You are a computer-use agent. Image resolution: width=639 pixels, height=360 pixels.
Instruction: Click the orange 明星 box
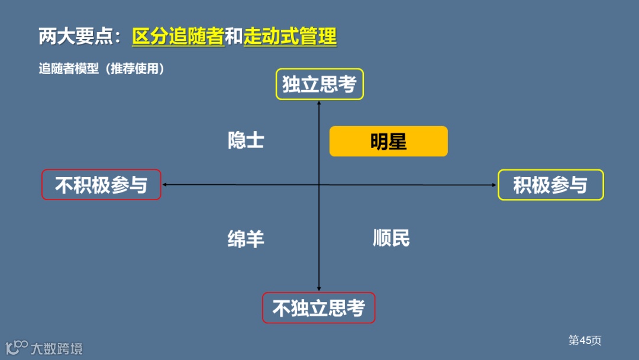(x=388, y=142)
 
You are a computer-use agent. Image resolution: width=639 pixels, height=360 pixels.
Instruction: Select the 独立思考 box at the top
(x=319, y=84)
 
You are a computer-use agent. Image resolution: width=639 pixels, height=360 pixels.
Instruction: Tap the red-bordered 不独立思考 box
(x=318, y=308)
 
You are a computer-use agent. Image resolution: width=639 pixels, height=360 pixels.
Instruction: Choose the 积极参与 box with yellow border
(x=550, y=185)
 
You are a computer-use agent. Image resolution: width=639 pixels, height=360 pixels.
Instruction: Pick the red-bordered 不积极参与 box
(x=101, y=185)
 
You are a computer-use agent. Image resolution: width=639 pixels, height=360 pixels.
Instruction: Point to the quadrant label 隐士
(x=246, y=141)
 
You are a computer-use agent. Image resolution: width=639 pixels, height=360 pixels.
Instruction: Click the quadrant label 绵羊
(x=246, y=239)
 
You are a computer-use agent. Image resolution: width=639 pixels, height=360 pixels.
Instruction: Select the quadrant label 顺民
(x=392, y=238)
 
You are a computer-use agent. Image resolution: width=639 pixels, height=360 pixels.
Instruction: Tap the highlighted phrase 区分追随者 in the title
(x=178, y=37)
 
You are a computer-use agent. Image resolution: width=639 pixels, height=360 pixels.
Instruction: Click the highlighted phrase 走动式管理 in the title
(x=290, y=37)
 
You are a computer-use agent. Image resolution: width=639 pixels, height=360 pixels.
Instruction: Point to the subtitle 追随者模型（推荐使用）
(x=101, y=69)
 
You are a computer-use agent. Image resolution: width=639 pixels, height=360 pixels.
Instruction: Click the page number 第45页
(x=585, y=340)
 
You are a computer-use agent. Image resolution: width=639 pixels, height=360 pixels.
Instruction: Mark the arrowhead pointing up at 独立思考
(x=319, y=102)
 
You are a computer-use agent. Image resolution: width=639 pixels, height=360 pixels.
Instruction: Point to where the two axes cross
(x=319, y=185)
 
